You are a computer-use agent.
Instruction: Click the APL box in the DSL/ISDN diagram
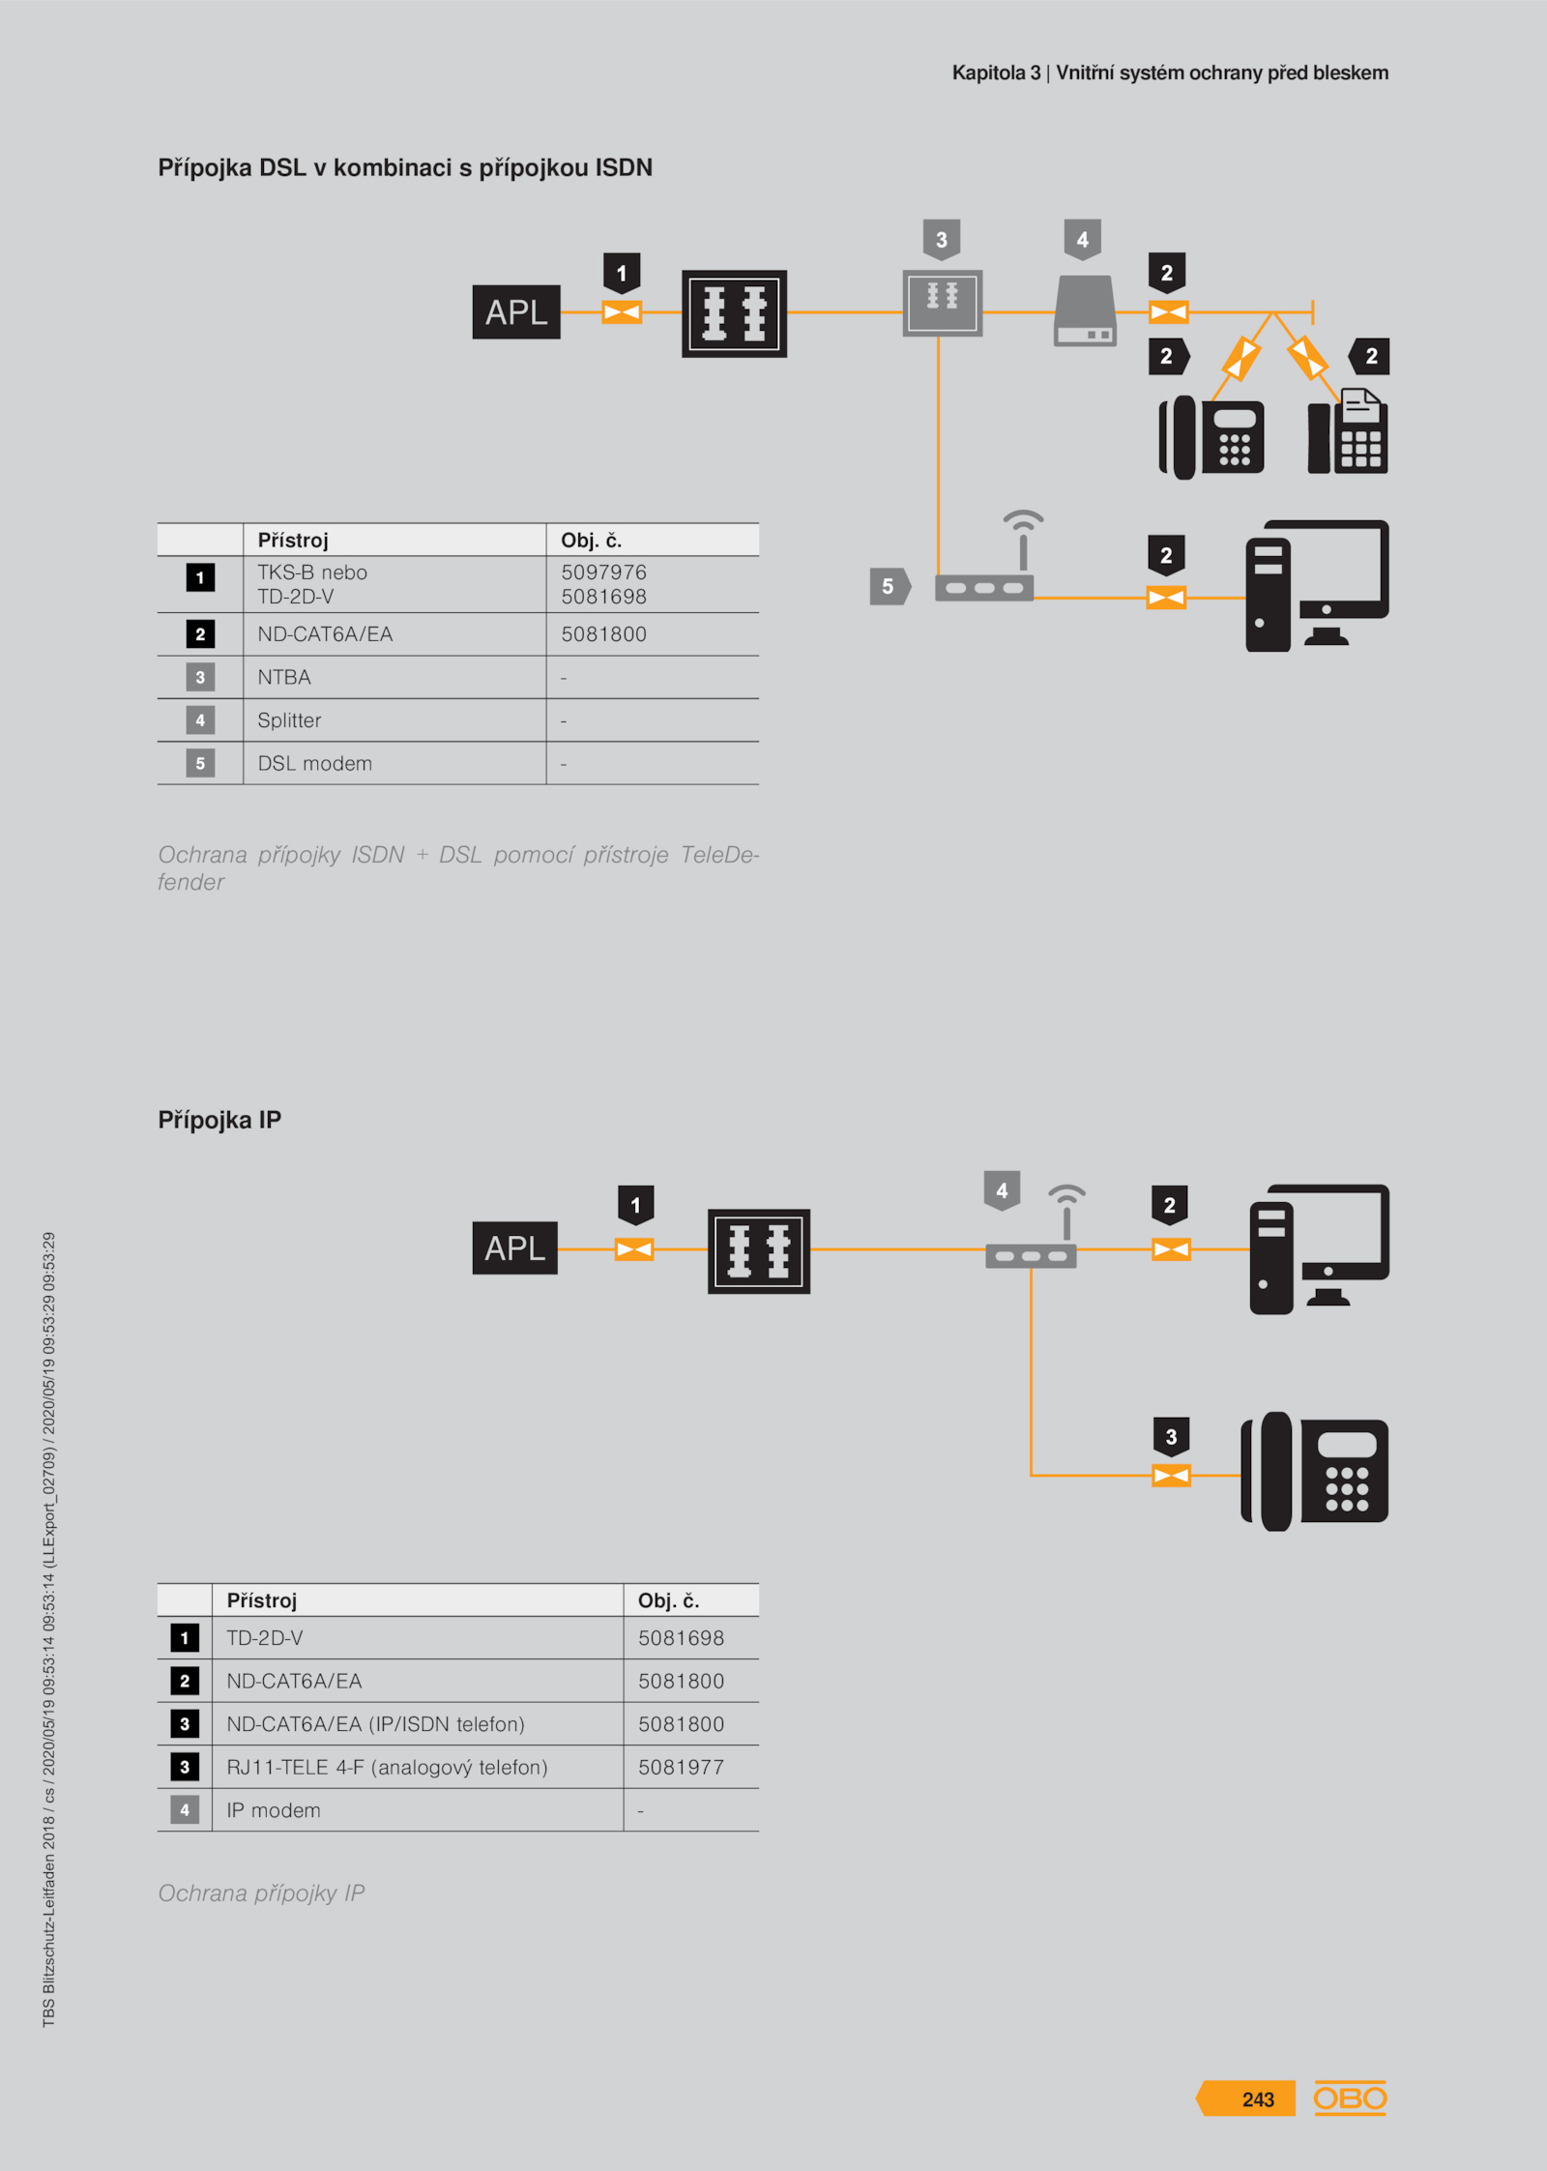click(516, 311)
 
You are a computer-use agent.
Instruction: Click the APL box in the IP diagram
click(515, 1247)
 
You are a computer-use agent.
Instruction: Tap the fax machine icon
click(1348, 431)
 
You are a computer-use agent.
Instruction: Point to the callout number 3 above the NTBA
click(942, 240)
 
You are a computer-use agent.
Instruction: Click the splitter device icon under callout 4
click(1085, 310)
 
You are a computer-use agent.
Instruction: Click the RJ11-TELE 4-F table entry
click(387, 1767)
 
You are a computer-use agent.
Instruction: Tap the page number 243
click(1258, 2099)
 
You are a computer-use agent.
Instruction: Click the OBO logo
click(1350, 2098)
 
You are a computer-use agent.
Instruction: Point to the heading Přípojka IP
click(219, 1120)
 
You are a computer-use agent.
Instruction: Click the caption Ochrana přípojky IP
click(261, 1893)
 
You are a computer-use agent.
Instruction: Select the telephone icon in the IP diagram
click(1314, 1472)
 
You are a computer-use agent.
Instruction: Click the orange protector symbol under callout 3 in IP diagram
click(1171, 1476)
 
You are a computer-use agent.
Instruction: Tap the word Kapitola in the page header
click(988, 73)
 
